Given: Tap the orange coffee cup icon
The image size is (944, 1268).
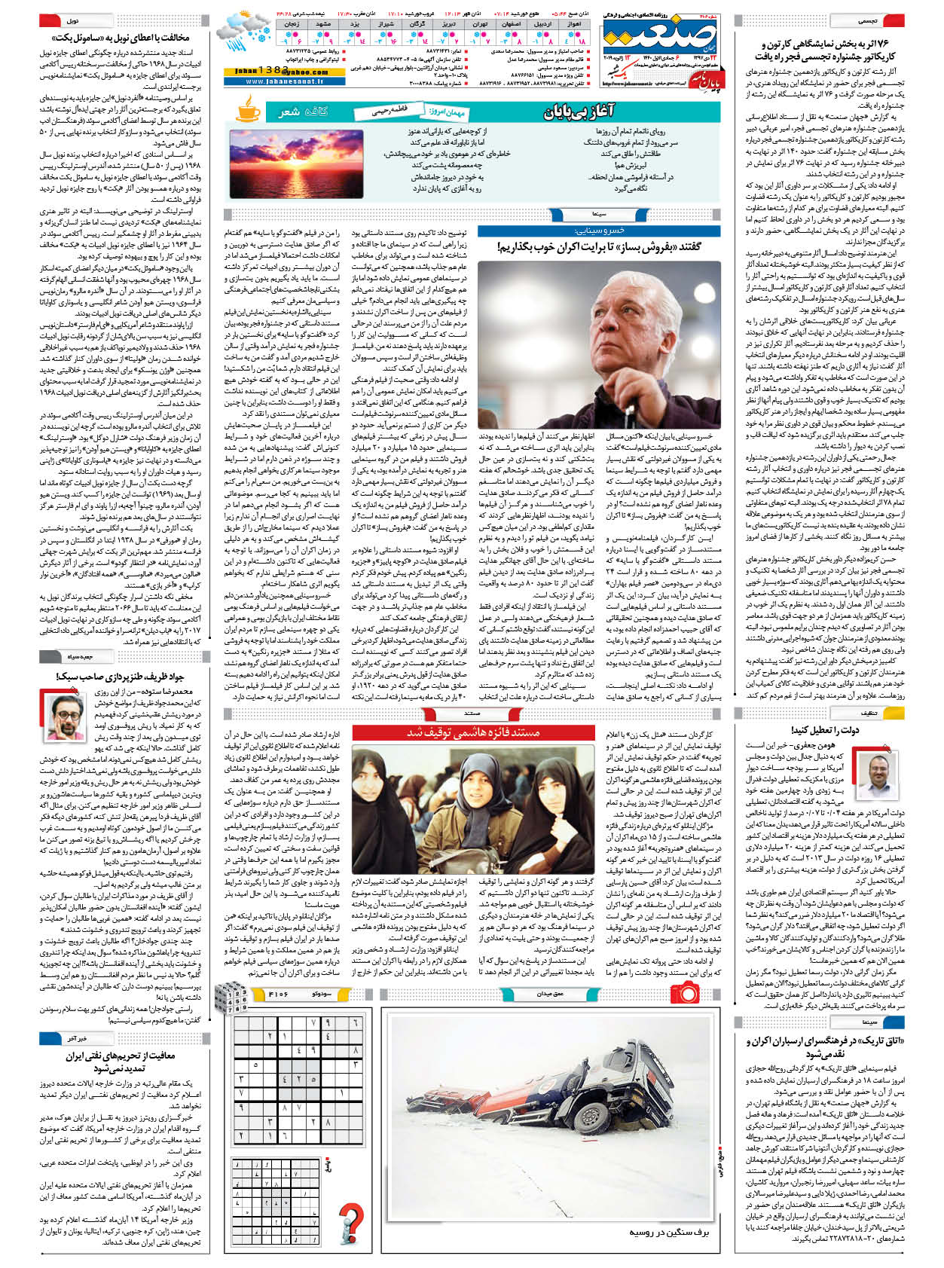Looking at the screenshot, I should pyautogui.click(x=249, y=112).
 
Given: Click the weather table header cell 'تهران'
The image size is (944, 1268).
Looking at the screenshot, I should pyautogui.click(x=480, y=24).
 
